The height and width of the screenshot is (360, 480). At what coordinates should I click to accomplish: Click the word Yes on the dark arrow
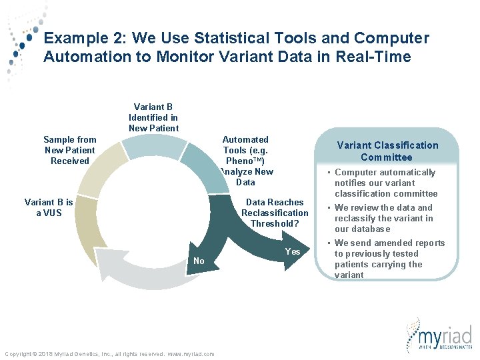(293, 251)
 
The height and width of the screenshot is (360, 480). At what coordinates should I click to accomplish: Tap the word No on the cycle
(199, 261)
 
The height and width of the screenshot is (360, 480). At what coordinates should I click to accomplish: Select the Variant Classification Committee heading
(387, 151)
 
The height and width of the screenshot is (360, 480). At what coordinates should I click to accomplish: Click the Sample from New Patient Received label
(69, 150)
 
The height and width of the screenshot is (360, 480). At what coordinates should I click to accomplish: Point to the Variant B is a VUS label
(49, 207)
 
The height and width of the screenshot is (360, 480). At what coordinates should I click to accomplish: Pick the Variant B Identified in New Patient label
(153, 117)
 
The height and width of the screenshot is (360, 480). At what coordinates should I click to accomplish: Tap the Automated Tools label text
(246, 161)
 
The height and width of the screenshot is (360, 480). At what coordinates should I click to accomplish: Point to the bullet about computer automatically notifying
(385, 183)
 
